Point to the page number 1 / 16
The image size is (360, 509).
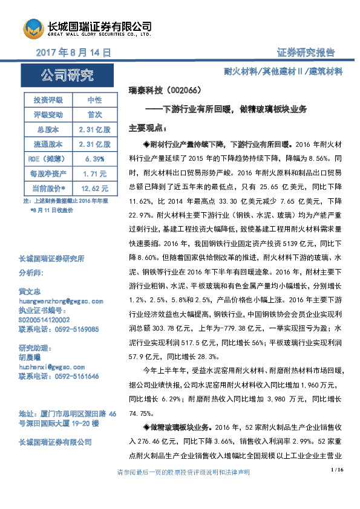[337, 470]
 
